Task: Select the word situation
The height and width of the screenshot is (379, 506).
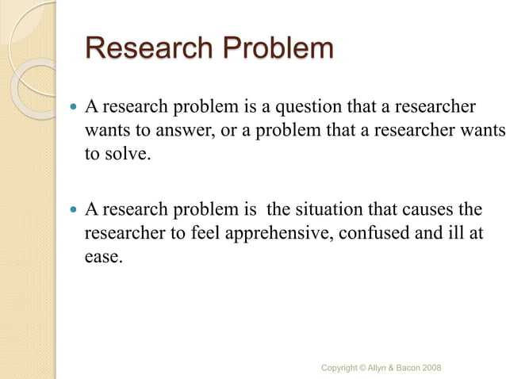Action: point(328,210)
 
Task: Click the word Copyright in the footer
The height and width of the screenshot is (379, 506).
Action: point(340,368)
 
